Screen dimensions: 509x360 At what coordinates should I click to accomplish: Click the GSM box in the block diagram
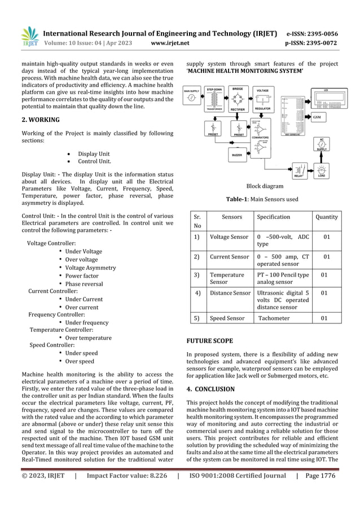(x=317, y=116)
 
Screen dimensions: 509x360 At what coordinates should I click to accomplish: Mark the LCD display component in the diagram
(x=322, y=98)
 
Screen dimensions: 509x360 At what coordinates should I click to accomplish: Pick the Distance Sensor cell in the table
(x=230, y=293)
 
